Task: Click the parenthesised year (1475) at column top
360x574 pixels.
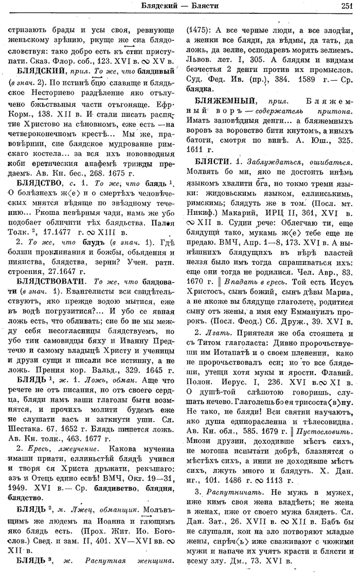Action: coord(197,30)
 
